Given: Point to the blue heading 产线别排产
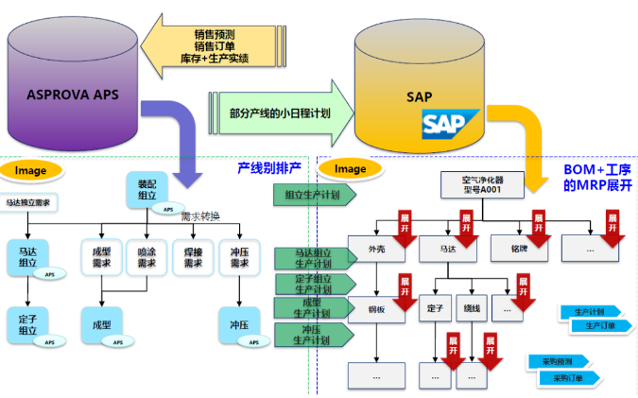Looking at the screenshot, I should (268, 168).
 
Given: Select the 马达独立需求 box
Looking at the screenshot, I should (28, 202).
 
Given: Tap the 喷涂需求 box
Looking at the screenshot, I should (146, 256).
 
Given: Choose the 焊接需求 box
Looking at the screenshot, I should (193, 256).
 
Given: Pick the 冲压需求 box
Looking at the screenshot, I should (240, 256).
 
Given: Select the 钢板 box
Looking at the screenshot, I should (375, 308).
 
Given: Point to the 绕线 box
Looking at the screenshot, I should (473, 308).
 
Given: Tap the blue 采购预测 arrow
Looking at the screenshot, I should (558, 361).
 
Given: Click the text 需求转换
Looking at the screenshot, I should (200, 216).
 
